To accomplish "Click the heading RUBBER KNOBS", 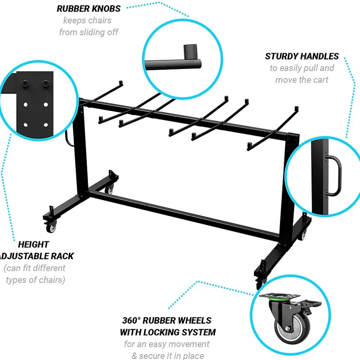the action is (x=88, y=9).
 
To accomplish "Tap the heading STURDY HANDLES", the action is (x=302, y=56).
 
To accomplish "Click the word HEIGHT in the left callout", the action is (x=34, y=244).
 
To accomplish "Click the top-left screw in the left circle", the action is (x=25, y=83).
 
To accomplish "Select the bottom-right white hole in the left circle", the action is (x=46, y=125).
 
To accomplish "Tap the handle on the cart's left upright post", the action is (x=69, y=138).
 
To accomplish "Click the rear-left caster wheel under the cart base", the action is (x=109, y=190).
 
